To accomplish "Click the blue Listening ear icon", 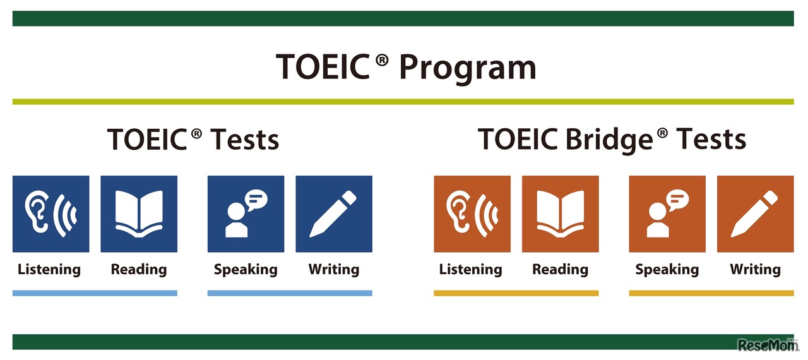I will (x=50, y=214).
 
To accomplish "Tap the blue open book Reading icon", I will (x=139, y=214).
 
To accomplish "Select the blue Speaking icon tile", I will (x=246, y=214).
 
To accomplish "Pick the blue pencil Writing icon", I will (x=334, y=214).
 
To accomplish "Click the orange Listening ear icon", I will (x=472, y=214).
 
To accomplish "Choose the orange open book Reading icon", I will (x=561, y=214).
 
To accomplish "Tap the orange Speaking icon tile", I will (x=667, y=214).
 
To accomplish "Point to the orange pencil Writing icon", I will (x=756, y=214).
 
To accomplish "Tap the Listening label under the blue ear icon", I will (x=49, y=270).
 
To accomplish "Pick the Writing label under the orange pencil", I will (x=755, y=270).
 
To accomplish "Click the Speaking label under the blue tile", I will (x=246, y=270).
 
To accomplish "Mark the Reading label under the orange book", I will (x=560, y=270).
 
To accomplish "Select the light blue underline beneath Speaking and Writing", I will (x=290, y=293).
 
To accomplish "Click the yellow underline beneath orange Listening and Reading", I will (x=516, y=293).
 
